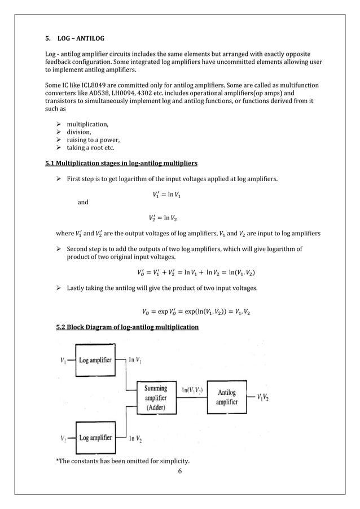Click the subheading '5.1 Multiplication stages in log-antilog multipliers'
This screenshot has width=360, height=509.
[121, 164]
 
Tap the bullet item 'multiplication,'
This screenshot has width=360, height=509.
[88, 124]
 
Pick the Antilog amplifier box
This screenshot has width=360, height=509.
[227, 397]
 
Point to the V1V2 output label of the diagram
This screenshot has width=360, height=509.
[262, 397]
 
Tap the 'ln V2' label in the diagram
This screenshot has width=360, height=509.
[135, 438]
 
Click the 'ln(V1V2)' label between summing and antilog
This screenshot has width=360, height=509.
[192, 390]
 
